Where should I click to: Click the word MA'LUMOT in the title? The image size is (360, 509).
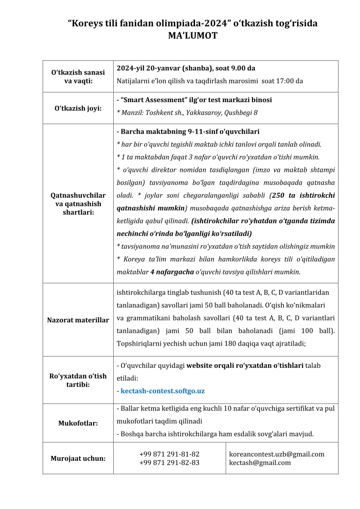(x=193, y=36)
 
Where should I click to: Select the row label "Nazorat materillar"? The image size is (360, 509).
(x=78, y=320)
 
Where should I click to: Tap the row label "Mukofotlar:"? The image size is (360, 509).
(x=78, y=423)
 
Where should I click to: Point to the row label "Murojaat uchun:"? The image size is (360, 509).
(x=78, y=458)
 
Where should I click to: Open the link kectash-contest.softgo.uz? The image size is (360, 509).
(x=163, y=391)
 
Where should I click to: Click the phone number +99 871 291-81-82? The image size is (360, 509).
(x=169, y=454)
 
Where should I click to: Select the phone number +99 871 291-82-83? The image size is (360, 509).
(x=169, y=462)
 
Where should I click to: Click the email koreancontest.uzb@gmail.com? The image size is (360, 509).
(x=277, y=454)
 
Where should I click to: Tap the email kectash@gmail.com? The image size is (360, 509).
(x=260, y=462)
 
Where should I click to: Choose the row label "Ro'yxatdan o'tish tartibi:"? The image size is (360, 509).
(x=78, y=380)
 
